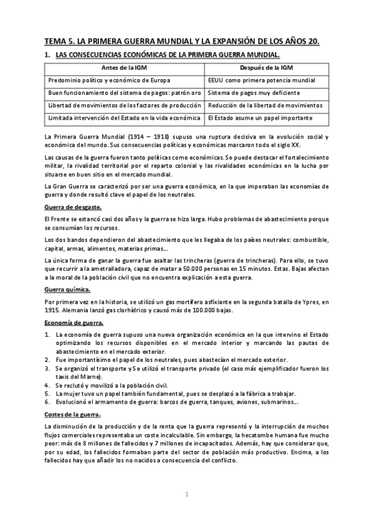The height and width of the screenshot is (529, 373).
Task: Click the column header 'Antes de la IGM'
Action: (125, 67)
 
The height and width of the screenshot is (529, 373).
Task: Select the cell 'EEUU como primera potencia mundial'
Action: (262, 80)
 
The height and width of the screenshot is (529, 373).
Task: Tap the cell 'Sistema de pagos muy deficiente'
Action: (255, 93)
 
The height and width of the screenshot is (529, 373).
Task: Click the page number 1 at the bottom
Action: (186, 495)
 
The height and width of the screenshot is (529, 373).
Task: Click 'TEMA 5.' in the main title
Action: (59, 42)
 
